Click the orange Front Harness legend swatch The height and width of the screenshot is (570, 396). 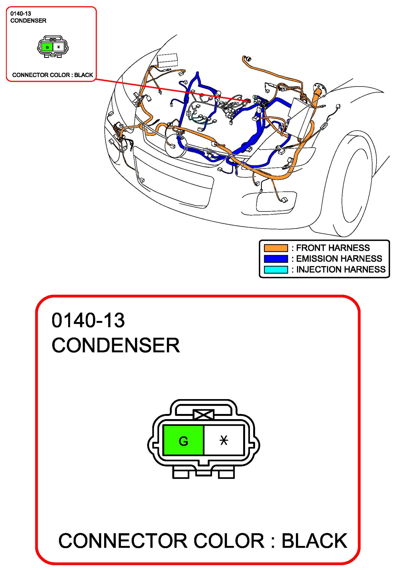[276, 248]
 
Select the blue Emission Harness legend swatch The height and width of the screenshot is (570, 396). [276, 259]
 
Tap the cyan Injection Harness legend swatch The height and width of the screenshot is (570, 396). [276, 270]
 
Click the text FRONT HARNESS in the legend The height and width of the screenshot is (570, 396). [333, 248]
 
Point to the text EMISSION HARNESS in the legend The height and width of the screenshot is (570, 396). [339, 258]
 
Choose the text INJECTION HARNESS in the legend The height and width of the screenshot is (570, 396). [341, 269]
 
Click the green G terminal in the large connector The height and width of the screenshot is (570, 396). [183, 440]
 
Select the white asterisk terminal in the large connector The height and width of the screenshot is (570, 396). [224, 440]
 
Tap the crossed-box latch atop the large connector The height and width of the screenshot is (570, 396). [203, 415]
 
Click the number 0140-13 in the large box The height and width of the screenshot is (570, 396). [88, 320]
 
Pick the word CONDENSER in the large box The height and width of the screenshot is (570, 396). [116, 345]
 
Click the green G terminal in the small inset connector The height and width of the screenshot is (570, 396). [47, 47]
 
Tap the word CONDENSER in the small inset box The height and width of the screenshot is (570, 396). [28, 21]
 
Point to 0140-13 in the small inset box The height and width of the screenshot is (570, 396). [21, 13]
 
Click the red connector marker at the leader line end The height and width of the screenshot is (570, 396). [249, 101]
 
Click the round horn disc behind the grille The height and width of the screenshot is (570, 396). [176, 145]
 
